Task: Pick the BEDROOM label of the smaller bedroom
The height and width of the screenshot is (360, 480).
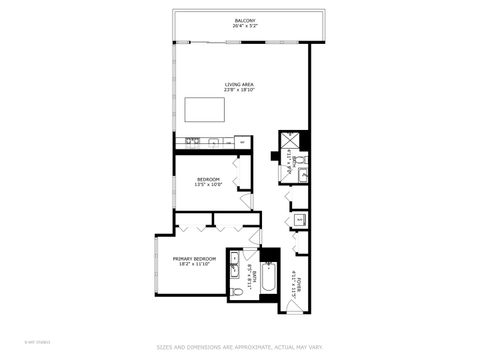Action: (x=207, y=178)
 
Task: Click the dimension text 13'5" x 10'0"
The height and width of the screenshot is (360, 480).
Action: (x=207, y=184)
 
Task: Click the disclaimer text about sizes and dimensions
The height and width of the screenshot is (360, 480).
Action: (x=240, y=347)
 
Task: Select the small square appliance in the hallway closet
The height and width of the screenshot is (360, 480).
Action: (x=301, y=219)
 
